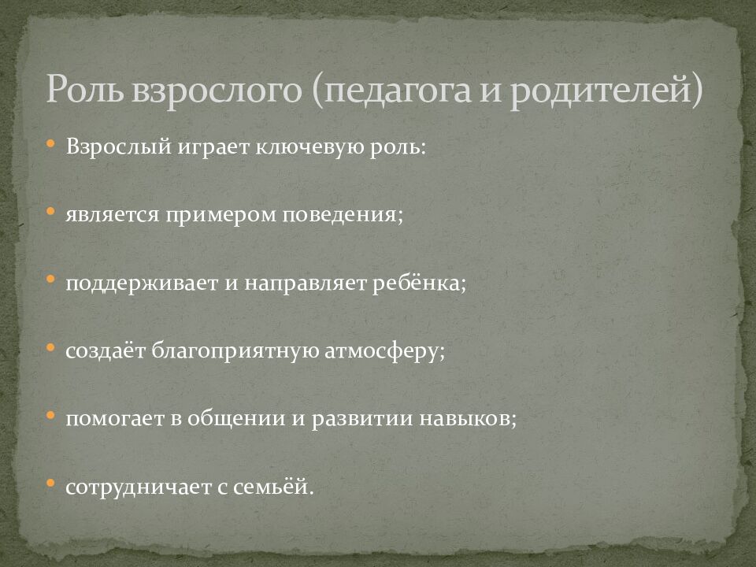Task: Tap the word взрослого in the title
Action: click(x=213, y=89)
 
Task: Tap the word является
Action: click(x=113, y=214)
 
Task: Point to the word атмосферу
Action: click(x=385, y=350)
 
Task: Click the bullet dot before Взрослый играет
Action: click(x=50, y=144)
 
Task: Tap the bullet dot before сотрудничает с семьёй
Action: click(x=50, y=484)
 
